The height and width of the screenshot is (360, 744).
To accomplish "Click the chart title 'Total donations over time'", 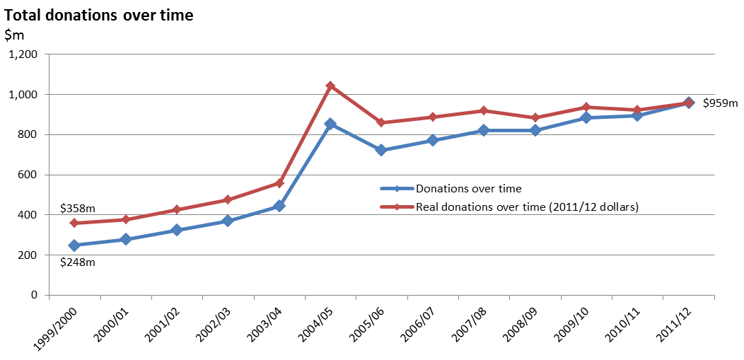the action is click(x=99, y=16).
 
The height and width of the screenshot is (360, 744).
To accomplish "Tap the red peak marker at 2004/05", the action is click(x=331, y=86).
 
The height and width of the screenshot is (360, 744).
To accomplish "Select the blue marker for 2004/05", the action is click(x=331, y=124).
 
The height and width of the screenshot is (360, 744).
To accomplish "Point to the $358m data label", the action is click(x=79, y=208).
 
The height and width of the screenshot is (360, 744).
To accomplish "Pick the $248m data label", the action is click(x=79, y=262).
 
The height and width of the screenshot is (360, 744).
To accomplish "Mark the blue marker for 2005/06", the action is click(x=381, y=151).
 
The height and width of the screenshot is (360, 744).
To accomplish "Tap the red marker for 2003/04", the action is click(x=279, y=182).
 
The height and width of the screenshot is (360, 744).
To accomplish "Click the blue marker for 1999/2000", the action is click(x=74, y=245).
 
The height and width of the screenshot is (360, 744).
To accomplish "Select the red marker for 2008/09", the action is click(x=535, y=117).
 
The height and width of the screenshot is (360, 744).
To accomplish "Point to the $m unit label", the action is click(x=13, y=35).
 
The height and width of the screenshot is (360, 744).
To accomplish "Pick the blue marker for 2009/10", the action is click(x=586, y=117).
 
